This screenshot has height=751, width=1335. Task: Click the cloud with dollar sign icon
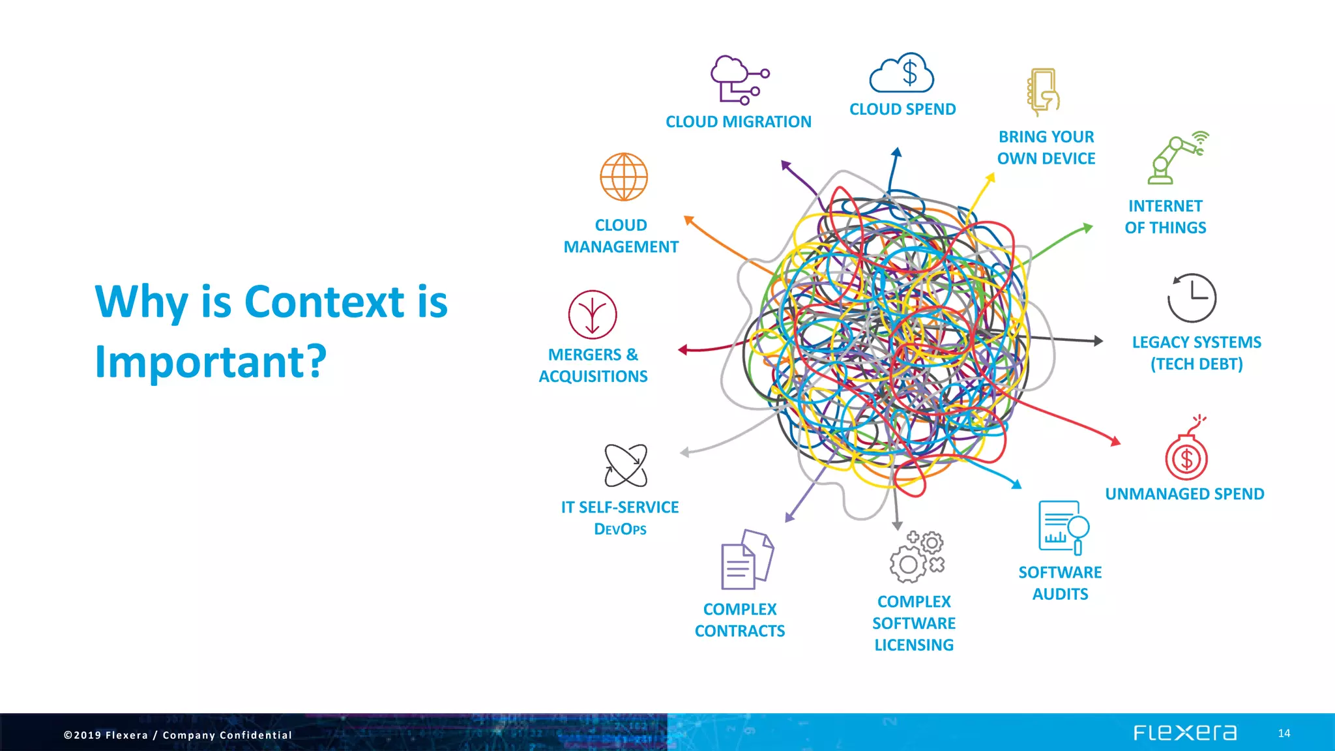[902, 73]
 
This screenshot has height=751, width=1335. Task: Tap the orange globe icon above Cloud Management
[624, 177]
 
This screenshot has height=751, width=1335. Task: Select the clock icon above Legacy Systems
[1192, 298]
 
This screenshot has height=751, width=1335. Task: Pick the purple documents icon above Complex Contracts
[747, 559]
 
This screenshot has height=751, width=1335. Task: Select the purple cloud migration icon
[739, 80]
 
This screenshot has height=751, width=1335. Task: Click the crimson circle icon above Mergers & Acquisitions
[593, 315]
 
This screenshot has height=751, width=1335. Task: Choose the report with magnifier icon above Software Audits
[1063, 527]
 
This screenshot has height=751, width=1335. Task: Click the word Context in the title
[325, 302]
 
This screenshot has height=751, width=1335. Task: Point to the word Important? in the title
[211, 362]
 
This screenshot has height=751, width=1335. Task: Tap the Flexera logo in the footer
[1184, 733]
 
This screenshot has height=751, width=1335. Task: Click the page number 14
[1284, 733]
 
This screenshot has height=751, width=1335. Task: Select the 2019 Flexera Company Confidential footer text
[178, 735]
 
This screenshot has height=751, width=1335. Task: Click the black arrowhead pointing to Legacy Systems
[1098, 340]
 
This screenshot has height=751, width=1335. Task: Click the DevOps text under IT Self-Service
[620, 529]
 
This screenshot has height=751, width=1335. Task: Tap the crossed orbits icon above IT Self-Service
[626, 465]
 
